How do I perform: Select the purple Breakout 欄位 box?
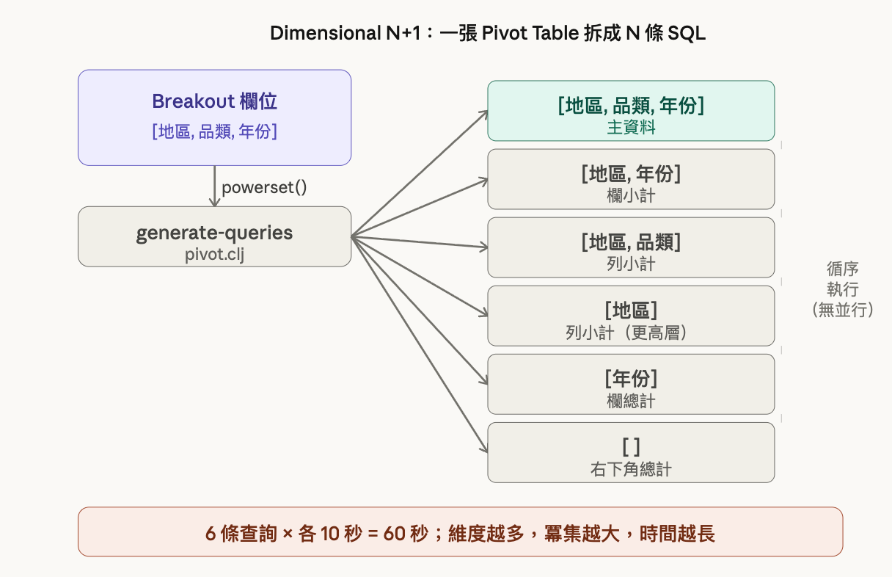(214, 117)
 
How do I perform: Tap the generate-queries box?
(214, 236)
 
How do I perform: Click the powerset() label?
(264, 186)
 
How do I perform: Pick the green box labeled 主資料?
(631, 111)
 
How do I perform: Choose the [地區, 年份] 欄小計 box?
(631, 179)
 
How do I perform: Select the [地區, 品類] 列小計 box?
(631, 247)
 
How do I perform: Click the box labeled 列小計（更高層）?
(631, 316)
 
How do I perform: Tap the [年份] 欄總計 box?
(631, 384)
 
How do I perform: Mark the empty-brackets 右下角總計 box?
(631, 452)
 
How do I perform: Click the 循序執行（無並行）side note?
(842, 289)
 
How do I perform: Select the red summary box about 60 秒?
(460, 531)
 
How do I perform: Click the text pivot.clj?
(214, 254)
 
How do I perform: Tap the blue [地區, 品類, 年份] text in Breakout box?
(214, 133)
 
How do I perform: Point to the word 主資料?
(631, 127)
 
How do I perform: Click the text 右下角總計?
(631, 468)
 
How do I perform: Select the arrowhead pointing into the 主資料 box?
(483, 112)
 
